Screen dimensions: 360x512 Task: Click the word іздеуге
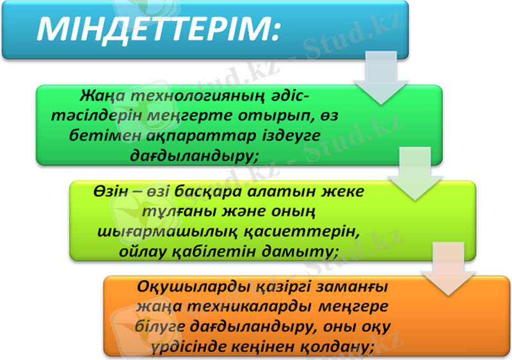point(292,136)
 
